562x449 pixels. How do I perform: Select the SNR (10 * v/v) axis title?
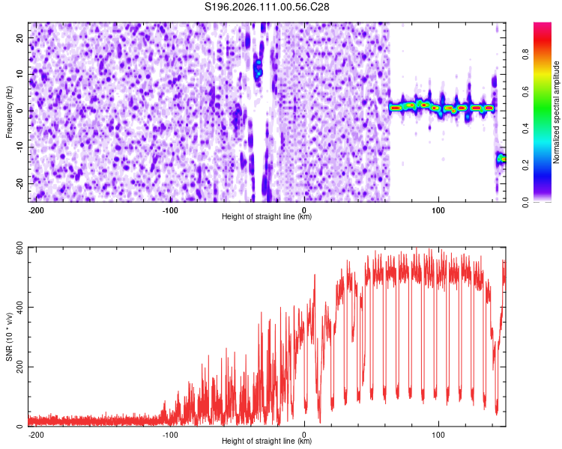pyautogui.click(x=9, y=337)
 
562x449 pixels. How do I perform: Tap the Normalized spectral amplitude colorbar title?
pyautogui.click(x=557, y=112)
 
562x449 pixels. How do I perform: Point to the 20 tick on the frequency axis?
pyautogui.click(x=21, y=37)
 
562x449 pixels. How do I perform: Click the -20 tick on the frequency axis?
pyautogui.click(x=19, y=183)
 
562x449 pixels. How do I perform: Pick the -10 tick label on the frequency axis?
pyautogui.click(x=19, y=147)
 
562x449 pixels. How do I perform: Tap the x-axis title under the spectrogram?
pyautogui.click(x=267, y=217)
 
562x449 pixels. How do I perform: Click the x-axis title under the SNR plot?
pyautogui.click(x=267, y=442)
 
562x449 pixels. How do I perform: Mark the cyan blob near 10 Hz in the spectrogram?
pyautogui.click(x=259, y=73)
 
